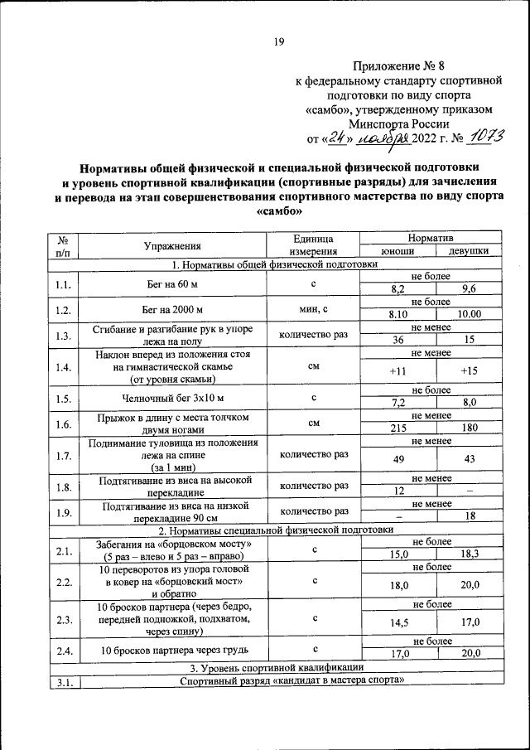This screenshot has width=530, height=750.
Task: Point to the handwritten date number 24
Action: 334,137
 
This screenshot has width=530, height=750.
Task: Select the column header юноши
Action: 397,252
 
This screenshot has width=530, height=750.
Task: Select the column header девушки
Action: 468,252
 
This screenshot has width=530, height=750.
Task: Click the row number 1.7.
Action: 63,456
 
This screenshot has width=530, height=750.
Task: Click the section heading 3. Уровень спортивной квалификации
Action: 274,667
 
